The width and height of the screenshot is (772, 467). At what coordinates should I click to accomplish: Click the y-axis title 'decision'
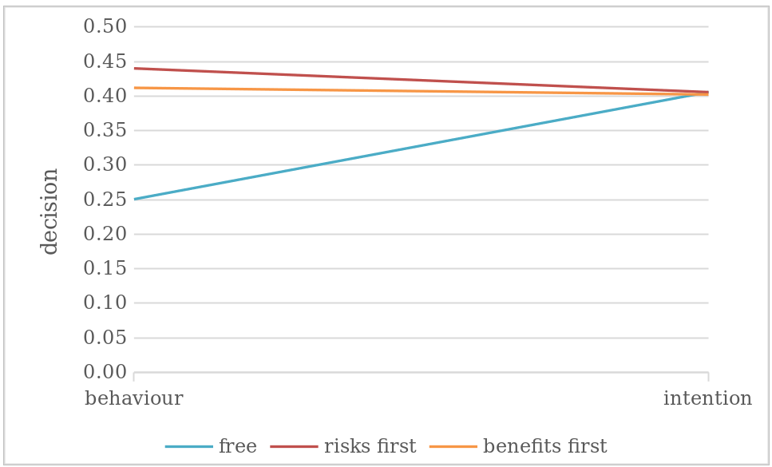(50, 211)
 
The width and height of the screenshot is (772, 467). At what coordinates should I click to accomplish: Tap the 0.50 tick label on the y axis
(105, 26)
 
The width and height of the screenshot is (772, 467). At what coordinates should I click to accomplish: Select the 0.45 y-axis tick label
(105, 61)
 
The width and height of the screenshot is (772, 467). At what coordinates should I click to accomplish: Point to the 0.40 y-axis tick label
(105, 96)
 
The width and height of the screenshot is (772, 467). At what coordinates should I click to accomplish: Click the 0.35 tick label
(105, 130)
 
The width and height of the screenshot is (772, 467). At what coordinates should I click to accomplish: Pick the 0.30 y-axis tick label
(105, 165)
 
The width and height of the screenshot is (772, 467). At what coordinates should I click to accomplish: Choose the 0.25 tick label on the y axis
(105, 200)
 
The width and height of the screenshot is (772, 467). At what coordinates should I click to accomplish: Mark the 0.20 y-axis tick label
(105, 234)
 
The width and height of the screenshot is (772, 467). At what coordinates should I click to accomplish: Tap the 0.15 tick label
(105, 268)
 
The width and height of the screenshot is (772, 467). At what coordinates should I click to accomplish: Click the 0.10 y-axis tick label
(105, 303)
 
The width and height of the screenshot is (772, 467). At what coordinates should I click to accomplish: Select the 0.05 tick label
(105, 338)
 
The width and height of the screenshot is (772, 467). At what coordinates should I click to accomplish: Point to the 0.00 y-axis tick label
(105, 372)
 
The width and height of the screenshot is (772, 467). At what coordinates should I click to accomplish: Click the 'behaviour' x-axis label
(134, 398)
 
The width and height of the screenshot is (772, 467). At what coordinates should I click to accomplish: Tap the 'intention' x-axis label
(707, 398)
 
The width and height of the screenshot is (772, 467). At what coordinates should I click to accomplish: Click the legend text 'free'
(237, 446)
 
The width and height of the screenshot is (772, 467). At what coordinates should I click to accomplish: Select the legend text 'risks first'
(370, 446)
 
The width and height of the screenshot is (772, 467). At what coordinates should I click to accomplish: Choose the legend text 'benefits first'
(544, 446)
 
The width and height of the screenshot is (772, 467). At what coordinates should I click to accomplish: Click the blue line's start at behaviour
(135, 199)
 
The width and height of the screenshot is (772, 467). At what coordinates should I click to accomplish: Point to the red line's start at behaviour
(135, 68)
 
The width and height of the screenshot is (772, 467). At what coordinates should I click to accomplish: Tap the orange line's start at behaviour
(135, 88)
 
